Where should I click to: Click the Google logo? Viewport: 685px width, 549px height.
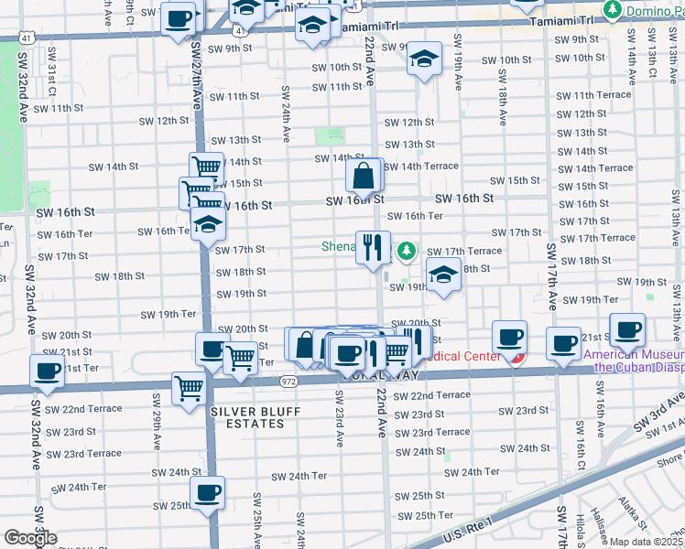pos(30,539)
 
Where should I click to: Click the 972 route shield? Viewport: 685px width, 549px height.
pos(288,379)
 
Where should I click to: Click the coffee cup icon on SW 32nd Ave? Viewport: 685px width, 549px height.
pos(48,371)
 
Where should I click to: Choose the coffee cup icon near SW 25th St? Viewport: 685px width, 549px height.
pos(209,492)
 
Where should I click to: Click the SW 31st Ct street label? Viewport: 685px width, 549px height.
pos(51,79)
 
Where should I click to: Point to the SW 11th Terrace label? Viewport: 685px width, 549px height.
pos(593,95)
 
